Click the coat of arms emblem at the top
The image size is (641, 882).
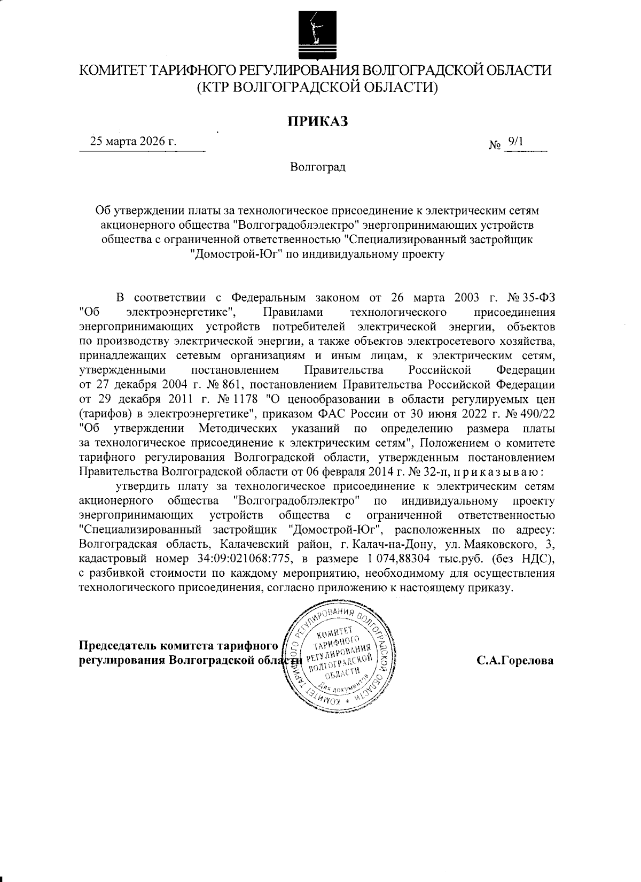(x=315, y=34)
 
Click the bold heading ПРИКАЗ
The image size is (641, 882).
(x=318, y=121)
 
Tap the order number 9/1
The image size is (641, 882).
(x=517, y=141)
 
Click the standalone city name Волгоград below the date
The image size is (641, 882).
(x=318, y=167)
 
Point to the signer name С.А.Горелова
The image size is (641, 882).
(x=515, y=660)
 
